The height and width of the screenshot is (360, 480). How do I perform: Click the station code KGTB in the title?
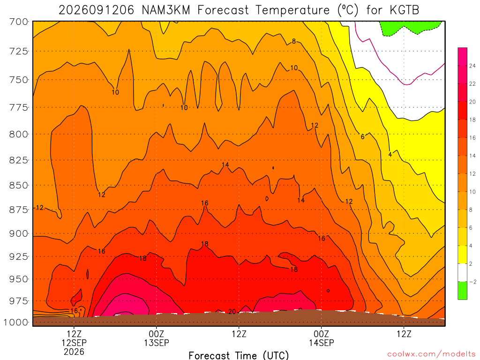404,10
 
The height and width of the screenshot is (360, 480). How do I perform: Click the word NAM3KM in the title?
166,10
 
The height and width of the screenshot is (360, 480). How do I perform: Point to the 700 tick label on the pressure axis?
19,22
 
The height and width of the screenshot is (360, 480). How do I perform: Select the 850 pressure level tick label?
19,186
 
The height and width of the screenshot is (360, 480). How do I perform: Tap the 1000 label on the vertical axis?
16,322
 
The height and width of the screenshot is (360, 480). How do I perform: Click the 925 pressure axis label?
19,256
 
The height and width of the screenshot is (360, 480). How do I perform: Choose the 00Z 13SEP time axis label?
157,338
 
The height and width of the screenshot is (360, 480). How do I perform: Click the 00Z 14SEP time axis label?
322,338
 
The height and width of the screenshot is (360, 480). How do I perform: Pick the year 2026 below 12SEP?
74,352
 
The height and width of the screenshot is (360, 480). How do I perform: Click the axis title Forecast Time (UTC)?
239,355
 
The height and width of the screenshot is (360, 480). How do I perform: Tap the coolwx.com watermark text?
431,354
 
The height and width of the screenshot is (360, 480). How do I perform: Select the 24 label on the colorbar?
472,66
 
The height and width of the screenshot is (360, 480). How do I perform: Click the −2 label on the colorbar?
472,282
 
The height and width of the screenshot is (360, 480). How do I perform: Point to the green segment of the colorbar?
462,291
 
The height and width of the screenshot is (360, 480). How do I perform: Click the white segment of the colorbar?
462,272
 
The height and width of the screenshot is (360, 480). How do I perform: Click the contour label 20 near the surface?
232,312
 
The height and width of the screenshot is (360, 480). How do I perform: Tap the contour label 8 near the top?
294,41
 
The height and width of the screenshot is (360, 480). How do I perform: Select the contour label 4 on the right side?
390,155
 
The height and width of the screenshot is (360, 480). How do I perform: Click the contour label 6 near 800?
363,137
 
